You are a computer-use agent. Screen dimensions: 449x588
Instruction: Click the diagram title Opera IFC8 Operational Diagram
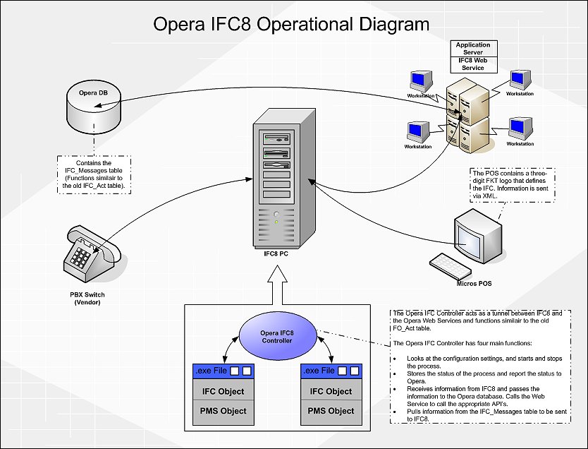tap(291, 25)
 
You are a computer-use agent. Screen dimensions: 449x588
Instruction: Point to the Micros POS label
tap(473, 284)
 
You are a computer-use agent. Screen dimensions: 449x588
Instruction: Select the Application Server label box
tap(473, 49)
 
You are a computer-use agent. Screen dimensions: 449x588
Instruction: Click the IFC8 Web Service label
tap(473, 64)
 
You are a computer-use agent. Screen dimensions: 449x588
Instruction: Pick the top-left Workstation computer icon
tap(421, 80)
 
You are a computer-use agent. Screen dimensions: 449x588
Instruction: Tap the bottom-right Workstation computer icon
tap(520, 128)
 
